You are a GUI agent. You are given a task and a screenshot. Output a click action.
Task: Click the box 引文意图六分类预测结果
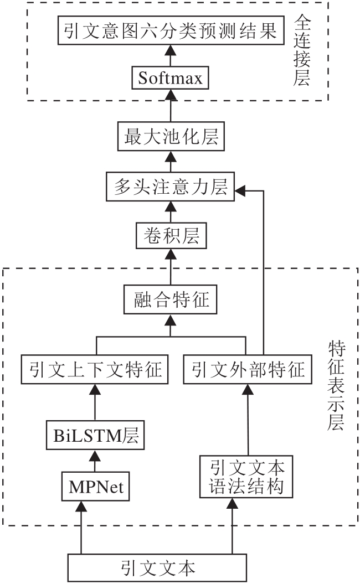(x=171, y=31)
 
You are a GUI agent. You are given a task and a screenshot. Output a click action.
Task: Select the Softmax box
(x=171, y=78)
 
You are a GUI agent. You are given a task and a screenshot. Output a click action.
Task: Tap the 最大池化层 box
(x=171, y=137)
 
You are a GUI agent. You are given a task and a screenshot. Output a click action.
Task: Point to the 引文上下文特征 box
(x=95, y=369)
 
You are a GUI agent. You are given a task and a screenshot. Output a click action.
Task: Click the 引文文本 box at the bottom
(x=157, y=568)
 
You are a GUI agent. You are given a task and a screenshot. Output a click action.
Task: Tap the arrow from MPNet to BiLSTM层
(x=95, y=463)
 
